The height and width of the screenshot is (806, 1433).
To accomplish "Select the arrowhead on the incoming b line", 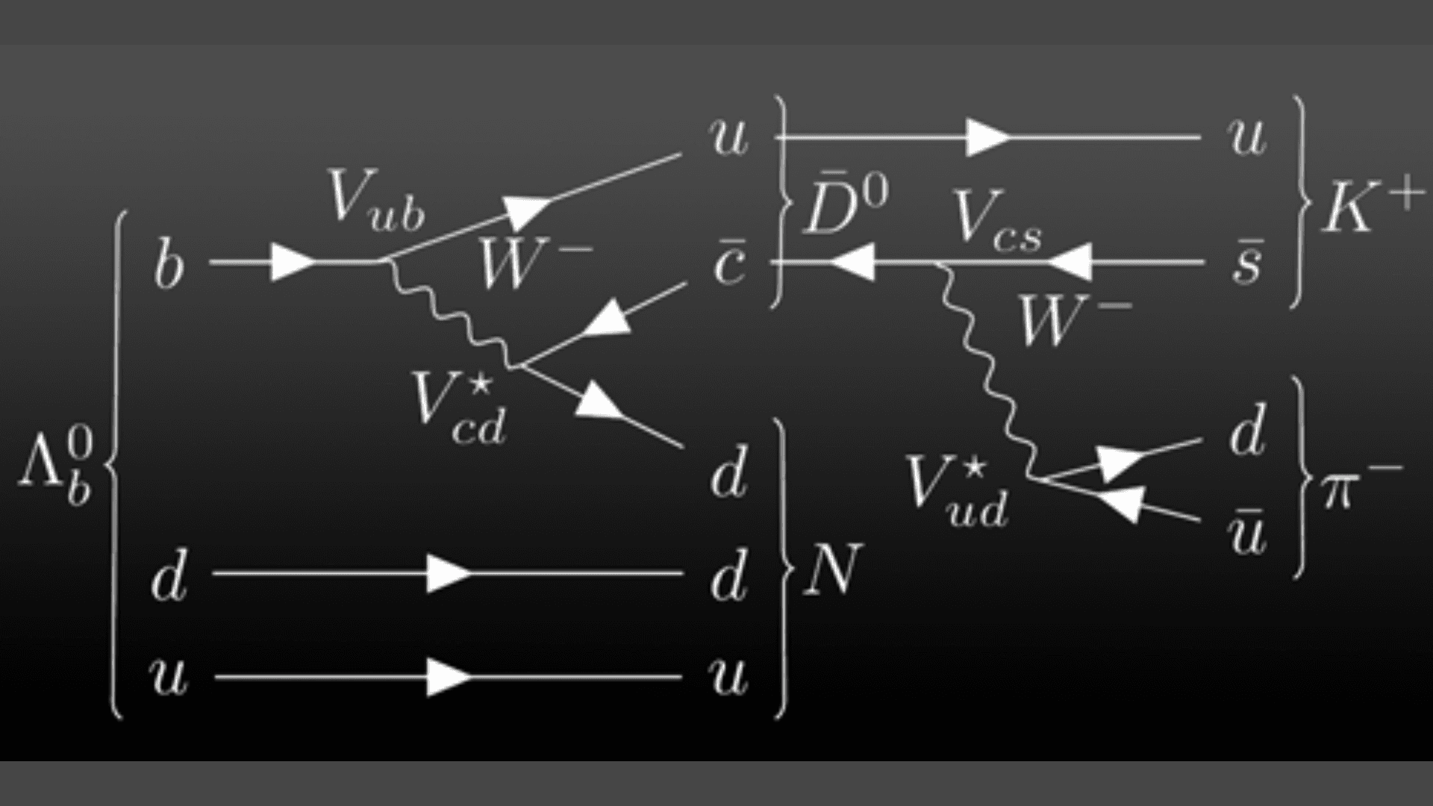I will (293, 263).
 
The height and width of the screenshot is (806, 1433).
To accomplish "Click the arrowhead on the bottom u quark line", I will (449, 678).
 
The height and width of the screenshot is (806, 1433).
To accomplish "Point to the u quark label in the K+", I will (1246, 137).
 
